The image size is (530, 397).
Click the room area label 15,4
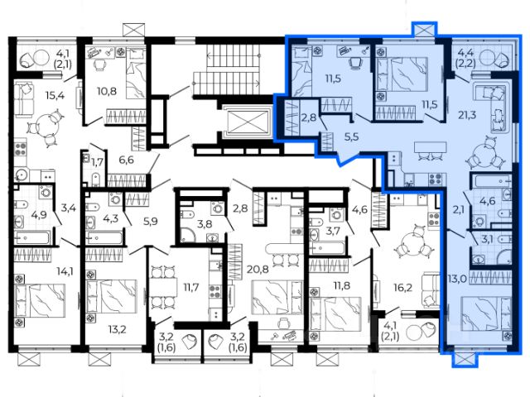[x=55, y=96]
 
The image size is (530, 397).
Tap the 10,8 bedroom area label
[x=107, y=91]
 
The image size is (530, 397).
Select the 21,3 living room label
[x=467, y=115]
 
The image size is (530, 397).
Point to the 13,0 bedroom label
[x=458, y=279]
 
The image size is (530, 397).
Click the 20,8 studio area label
[x=258, y=269]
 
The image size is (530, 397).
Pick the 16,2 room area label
[x=403, y=288]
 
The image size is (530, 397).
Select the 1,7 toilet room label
[x=97, y=162]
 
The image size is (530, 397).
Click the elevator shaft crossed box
[x=248, y=122]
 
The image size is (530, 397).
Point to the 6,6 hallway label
[x=127, y=160]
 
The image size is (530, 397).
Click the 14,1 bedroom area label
[x=66, y=270]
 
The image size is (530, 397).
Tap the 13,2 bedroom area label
[x=117, y=328]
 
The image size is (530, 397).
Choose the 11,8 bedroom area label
[x=342, y=285]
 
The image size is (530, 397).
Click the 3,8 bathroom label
[x=205, y=224]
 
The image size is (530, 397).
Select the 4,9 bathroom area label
[x=39, y=214]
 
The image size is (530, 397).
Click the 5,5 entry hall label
[x=351, y=136]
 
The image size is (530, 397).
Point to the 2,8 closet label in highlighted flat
[x=308, y=117]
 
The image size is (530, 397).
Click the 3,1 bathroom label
[x=487, y=240]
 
